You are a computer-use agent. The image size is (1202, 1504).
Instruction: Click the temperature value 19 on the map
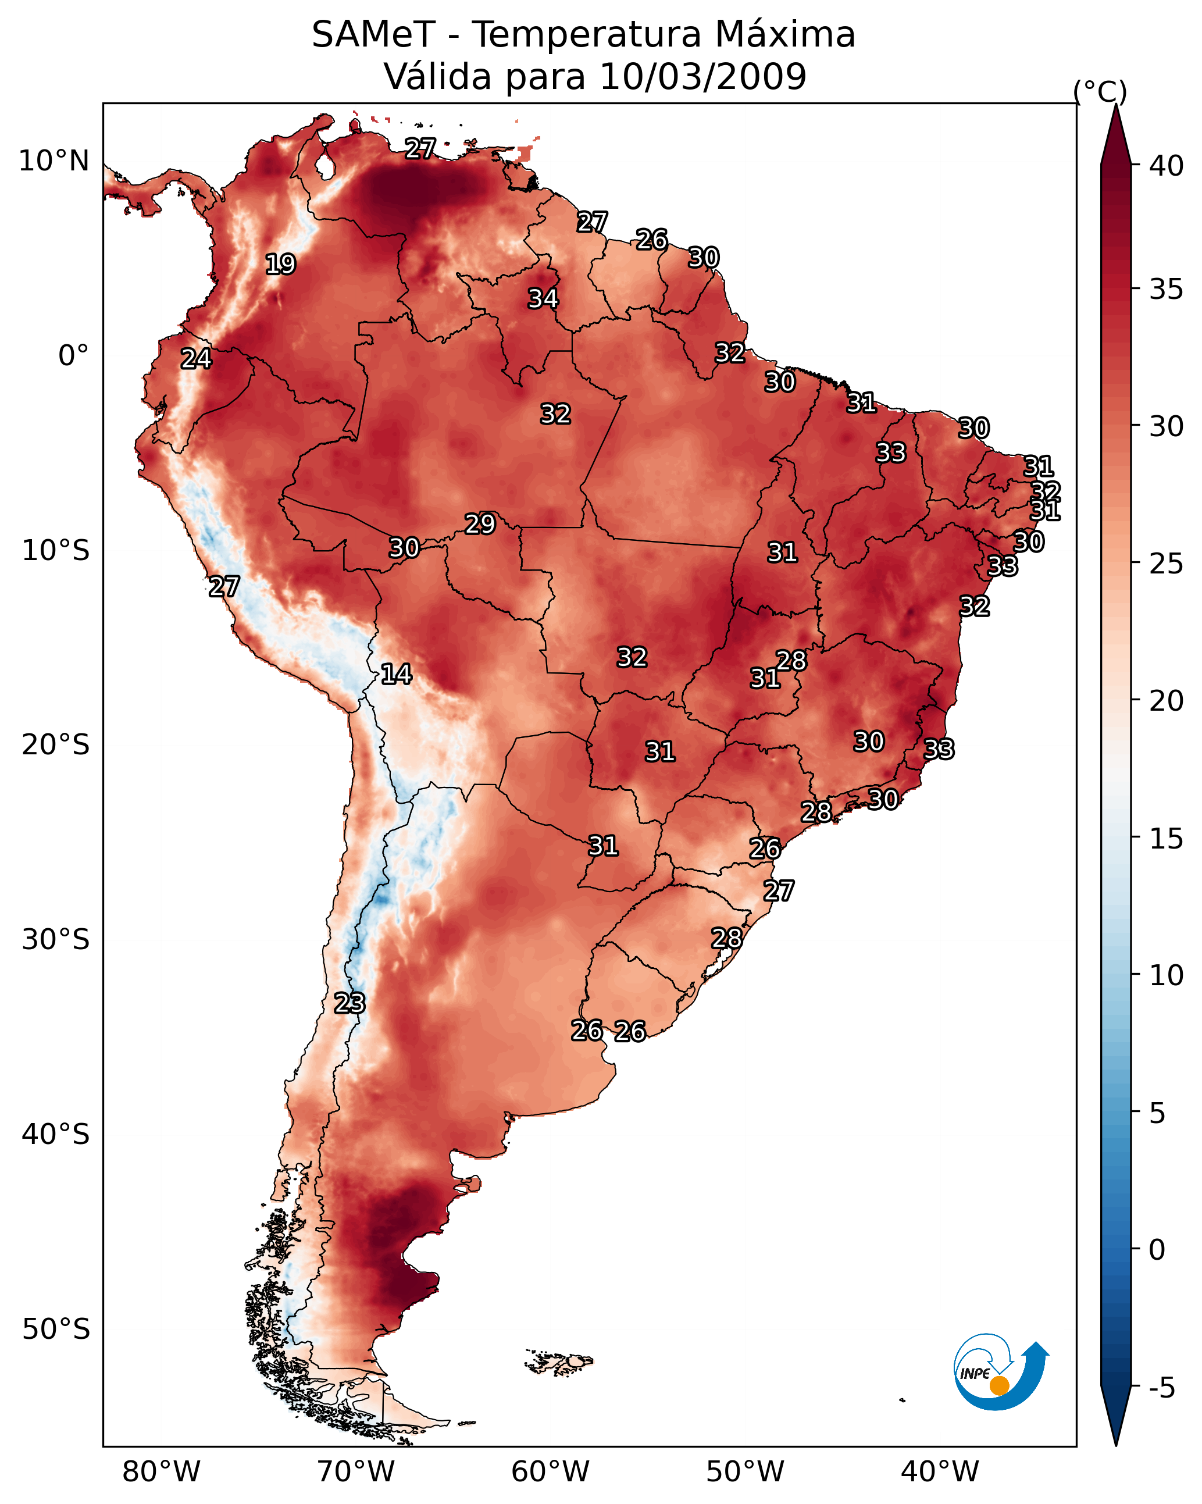[280, 265]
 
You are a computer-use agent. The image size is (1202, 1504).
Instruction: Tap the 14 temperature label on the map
[396, 674]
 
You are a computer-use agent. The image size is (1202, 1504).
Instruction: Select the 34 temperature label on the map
[543, 298]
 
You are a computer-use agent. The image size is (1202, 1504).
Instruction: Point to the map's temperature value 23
[349, 1003]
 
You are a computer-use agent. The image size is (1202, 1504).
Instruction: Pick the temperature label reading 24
[196, 359]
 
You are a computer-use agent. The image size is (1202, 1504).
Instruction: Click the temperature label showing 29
[480, 524]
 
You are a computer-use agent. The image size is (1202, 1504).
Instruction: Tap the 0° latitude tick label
[73, 356]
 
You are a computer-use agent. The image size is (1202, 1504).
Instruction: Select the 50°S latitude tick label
[56, 1330]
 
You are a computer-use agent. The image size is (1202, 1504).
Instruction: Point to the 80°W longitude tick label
[161, 1471]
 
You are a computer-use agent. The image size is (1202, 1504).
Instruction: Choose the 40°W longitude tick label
[940, 1471]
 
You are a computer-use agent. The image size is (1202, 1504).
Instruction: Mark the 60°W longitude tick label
[551, 1471]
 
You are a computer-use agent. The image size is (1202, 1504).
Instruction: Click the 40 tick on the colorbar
[1166, 166]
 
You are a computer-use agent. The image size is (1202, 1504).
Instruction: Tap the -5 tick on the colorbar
[1161, 1388]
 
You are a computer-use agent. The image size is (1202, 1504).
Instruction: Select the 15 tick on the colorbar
[1166, 839]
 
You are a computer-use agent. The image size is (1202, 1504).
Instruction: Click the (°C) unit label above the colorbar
[1100, 91]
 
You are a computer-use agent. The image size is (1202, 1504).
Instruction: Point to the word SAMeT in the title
[373, 35]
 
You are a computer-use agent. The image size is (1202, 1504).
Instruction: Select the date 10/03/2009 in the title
[702, 77]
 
